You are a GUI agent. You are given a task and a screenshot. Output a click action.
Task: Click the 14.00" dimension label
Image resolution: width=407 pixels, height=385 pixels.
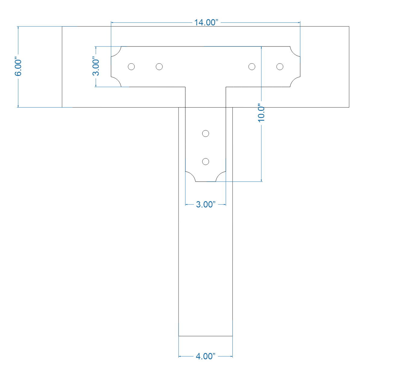(x=206, y=23)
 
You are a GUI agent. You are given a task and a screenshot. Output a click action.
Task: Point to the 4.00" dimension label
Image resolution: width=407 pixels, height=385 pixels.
(x=206, y=356)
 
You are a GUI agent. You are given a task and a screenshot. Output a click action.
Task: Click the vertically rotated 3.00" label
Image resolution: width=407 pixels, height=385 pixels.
(x=96, y=67)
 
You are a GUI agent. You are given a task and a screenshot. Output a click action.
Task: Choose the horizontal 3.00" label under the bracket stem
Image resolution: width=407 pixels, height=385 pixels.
(x=206, y=205)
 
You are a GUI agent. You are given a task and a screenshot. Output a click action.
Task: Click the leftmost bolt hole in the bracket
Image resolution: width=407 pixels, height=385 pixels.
(x=131, y=67)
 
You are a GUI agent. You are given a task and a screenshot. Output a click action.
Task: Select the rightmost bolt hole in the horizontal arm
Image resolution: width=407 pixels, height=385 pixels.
(x=280, y=67)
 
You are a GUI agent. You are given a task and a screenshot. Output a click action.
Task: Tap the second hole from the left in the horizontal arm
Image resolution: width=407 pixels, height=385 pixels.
(x=159, y=67)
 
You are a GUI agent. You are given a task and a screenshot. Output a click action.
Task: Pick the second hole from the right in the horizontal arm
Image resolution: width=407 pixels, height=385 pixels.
(x=252, y=67)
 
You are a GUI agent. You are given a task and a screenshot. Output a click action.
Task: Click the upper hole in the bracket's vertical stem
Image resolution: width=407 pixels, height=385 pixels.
(x=206, y=133)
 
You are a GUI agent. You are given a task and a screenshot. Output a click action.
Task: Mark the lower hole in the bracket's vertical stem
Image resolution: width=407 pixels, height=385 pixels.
(x=206, y=162)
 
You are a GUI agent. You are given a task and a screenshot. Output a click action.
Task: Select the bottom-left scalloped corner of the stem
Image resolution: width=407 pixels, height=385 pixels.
(x=191, y=176)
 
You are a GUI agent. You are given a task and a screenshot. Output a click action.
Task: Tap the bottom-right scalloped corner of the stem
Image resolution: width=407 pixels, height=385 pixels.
(x=221, y=176)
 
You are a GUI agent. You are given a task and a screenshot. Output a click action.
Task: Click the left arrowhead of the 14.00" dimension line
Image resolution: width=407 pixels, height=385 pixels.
(x=112, y=22)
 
